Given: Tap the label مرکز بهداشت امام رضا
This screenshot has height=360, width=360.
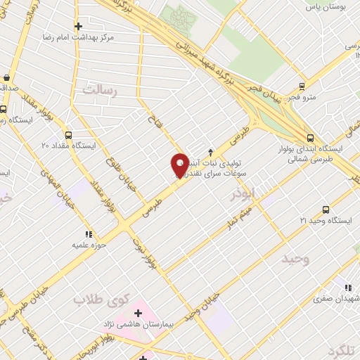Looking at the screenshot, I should pyautogui.click(x=78, y=34).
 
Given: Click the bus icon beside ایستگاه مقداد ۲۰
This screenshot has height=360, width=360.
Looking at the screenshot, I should pyautogui.click(x=68, y=135).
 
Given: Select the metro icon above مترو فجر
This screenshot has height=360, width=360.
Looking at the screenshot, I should pyautogui.click(x=302, y=86).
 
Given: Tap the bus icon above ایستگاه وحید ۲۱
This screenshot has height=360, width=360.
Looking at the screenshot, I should pyautogui.click(x=325, y=210).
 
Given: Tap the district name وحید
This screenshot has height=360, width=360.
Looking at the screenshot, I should pyautogui.click(x=296, y=259).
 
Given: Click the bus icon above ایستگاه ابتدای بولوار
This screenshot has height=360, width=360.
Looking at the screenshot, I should pyautogui.click(x=310, y=138).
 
